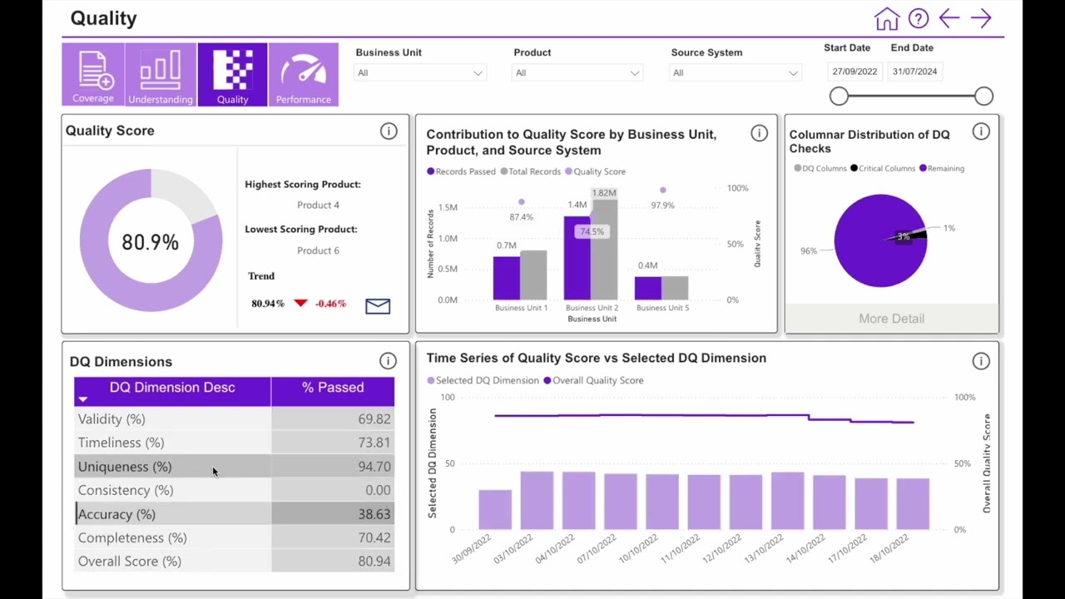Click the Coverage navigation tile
click(x=93, y=75)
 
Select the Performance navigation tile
click(x=303, y=75)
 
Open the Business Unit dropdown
click(x=419, y=73)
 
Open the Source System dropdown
click(x=735, y=73)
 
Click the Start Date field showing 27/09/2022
click(x=854, y=72)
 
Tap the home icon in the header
click(x=887, y=19)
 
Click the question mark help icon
click(x=919, y=19)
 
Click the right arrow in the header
click(x=981, y=19)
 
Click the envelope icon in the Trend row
click(x=378, y=306)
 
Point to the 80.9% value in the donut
click(x=151, y=242)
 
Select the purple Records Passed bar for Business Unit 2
click(x=577, y=258)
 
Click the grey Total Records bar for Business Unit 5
click(x=675, y=288)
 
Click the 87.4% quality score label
click(x=521, y=217)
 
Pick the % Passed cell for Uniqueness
click(x=333, y=467)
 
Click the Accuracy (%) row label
click(x=117, y=514)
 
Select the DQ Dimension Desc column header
click(x=172, y=388)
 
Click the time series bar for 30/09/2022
click(x=495, y=509)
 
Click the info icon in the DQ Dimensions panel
click(x=388, y=361)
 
